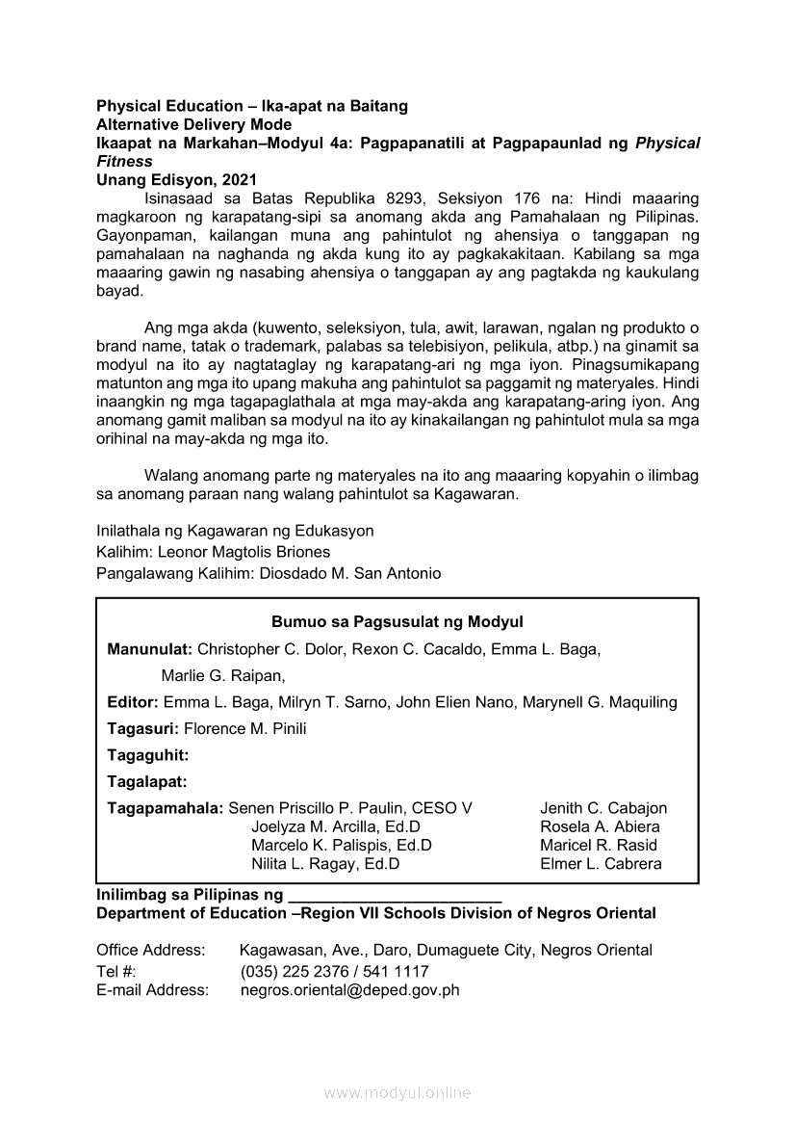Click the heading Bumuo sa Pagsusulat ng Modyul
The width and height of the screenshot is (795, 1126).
point(397,622)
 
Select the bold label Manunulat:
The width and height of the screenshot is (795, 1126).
point(150,649)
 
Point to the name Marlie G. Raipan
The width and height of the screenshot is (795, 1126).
point(222,675)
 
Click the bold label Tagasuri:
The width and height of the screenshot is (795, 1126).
point(143,728)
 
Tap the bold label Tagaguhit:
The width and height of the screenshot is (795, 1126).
point(147,755)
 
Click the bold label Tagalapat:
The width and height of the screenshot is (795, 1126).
point(146,782)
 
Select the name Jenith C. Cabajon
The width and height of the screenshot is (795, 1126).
point(603,808)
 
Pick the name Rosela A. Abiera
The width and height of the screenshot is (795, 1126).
point(600,826)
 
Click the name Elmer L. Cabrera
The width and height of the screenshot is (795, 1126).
point(601,863)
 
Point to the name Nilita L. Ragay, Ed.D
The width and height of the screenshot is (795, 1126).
point(325,863)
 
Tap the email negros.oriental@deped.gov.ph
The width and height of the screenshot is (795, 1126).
point(349,989)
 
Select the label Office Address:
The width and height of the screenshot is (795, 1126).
point(150,950)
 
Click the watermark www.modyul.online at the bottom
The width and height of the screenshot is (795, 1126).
point(397,1092)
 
